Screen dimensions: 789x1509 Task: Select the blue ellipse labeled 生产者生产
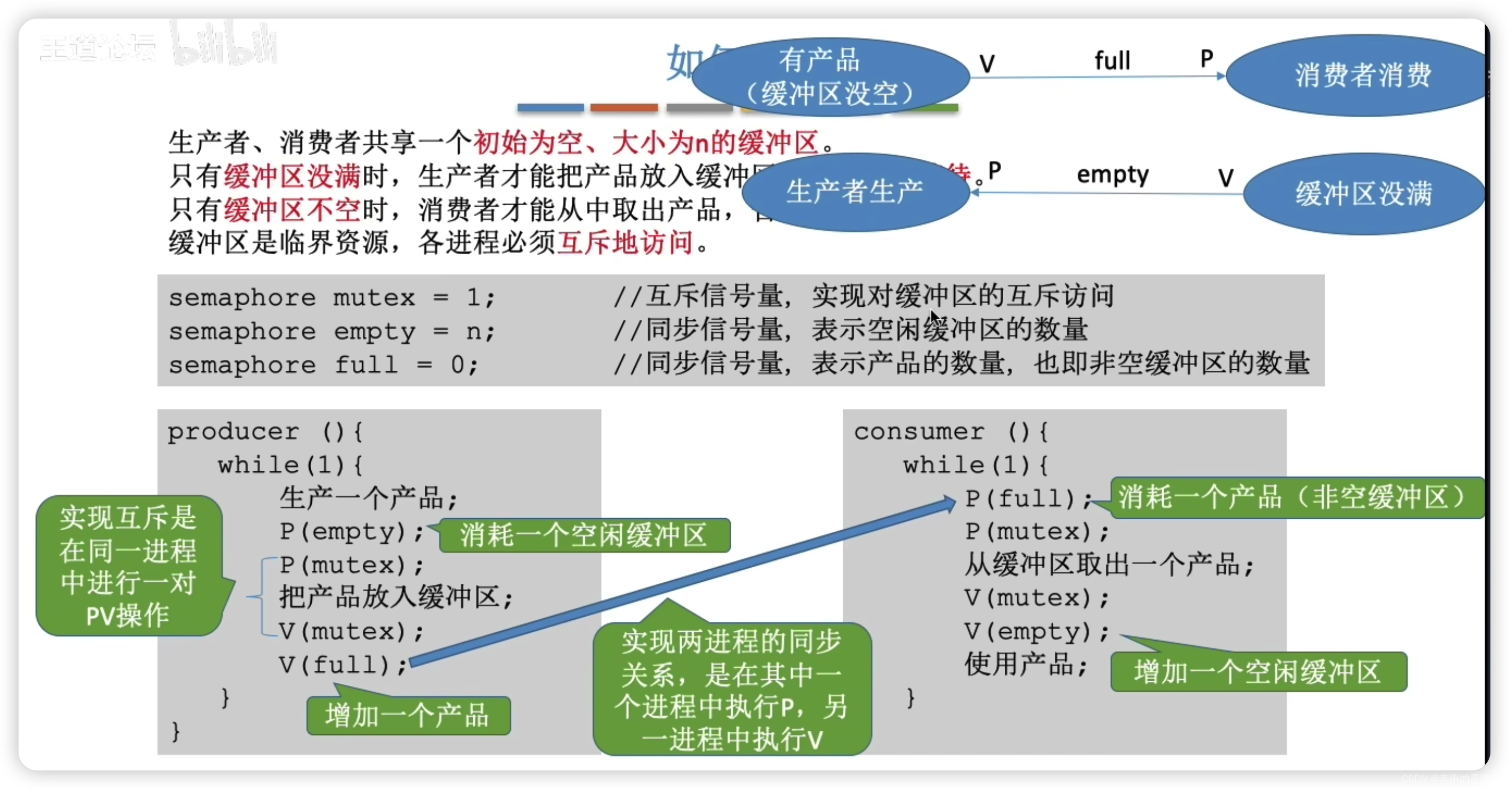(855, 191)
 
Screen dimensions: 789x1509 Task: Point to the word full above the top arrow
(1112, 60)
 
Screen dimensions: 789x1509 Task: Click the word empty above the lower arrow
(1113, 174)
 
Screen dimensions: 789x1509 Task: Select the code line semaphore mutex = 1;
(331, 298)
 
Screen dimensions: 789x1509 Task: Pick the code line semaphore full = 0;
(324, 365)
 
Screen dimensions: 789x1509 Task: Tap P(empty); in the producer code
(351, 532)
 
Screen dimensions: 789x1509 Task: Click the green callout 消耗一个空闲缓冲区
(584, 535)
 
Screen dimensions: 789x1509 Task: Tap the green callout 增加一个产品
(408, 715)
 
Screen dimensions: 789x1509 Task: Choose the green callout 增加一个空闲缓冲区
(1258, 671)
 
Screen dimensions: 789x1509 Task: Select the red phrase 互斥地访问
(625, 242)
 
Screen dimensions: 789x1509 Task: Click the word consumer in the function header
(919, 432)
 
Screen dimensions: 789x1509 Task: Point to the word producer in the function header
(233, 432)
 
